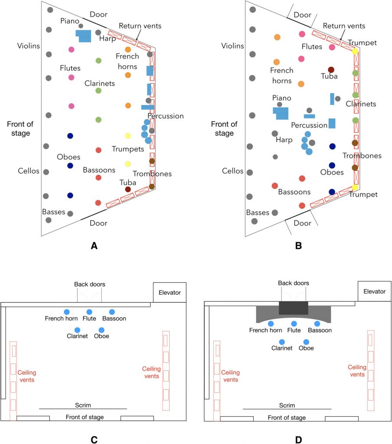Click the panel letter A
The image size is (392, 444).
click(94, 246)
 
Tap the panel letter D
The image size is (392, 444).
click(298, 440)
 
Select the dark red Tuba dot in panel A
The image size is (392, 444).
click(127, 189)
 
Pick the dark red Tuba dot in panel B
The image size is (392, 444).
click(331, 70)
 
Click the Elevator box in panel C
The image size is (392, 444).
click(170, 292)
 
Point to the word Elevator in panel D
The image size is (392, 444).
click(374, 291)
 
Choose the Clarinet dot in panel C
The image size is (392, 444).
click(77, 330)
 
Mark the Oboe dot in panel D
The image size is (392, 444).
click(306, 342)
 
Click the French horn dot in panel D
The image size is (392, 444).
click(271, 323)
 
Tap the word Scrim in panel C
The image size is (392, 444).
click(83, 405)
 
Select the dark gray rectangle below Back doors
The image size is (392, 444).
click(293, 307)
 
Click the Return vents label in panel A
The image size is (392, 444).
click(140, 26)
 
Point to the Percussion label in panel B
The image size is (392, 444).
click(309, 125)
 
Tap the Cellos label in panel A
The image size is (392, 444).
click(28, 171)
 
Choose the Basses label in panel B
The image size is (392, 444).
click(258, 212)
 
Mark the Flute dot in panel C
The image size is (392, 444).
click(89, 312)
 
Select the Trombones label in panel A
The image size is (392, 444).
click(152, 174)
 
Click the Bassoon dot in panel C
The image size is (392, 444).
click(112, 312)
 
